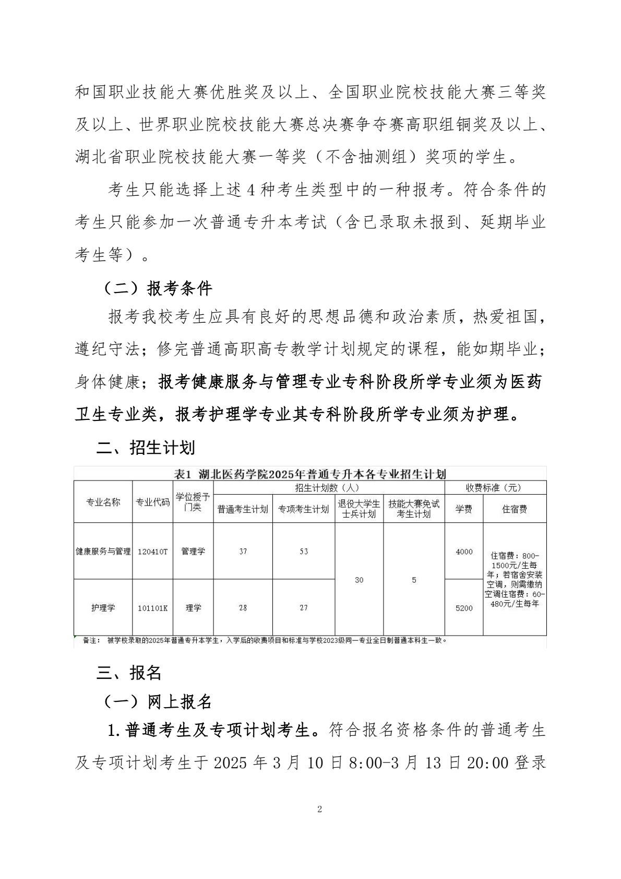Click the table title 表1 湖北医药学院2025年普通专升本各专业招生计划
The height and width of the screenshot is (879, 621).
coord(310,474)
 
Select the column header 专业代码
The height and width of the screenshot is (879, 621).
coord(153,502)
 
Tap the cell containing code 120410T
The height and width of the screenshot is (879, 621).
coord(153,552)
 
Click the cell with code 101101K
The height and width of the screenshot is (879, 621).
coord(153,608)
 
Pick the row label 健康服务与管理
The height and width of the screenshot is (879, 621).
coord(103,552)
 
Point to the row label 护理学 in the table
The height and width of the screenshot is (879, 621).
coord(103,608)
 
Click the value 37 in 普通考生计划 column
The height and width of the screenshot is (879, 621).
coord(243,552)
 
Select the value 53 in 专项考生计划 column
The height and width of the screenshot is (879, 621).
coord(304,552)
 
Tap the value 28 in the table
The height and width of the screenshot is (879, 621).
coord(243,608)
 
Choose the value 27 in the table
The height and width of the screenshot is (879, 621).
coord(304,608)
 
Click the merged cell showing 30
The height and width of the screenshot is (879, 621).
coord(359,580)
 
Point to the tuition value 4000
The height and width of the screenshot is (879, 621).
coord(464,552)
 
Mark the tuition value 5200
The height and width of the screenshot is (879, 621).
coord(464,608)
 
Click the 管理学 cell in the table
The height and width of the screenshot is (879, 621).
coord(193,552)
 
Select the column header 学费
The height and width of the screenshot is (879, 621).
coord(464,509)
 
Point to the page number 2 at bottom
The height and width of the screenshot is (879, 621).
coord(320,810)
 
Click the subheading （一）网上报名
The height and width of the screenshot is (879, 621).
coord(158,701)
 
